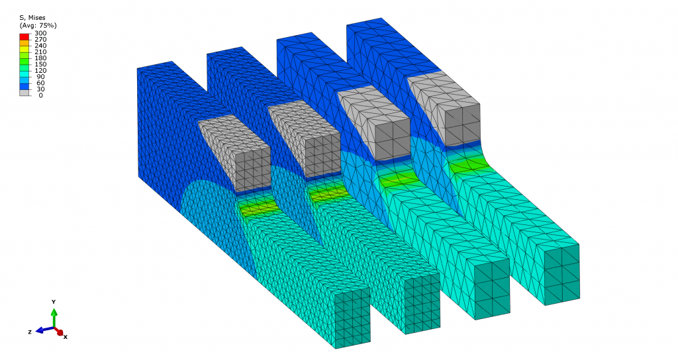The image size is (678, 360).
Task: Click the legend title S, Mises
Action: click(x=32, y=18)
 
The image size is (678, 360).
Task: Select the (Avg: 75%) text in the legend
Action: click(x=38, y=26)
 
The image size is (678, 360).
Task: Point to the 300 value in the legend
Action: click(x=40, y=33)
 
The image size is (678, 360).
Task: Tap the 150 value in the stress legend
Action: click(x=40, y=64)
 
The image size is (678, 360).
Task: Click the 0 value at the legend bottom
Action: click(x=40, y=95)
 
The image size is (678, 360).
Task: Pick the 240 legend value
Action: click(x=40, y=46)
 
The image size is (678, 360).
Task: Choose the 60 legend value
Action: click(x=40, y=83)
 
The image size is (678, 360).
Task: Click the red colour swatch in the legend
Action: click(x=24, y=36)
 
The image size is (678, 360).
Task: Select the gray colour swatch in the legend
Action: click(x=24, y=93)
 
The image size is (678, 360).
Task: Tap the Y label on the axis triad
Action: click(x=54, y=302)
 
